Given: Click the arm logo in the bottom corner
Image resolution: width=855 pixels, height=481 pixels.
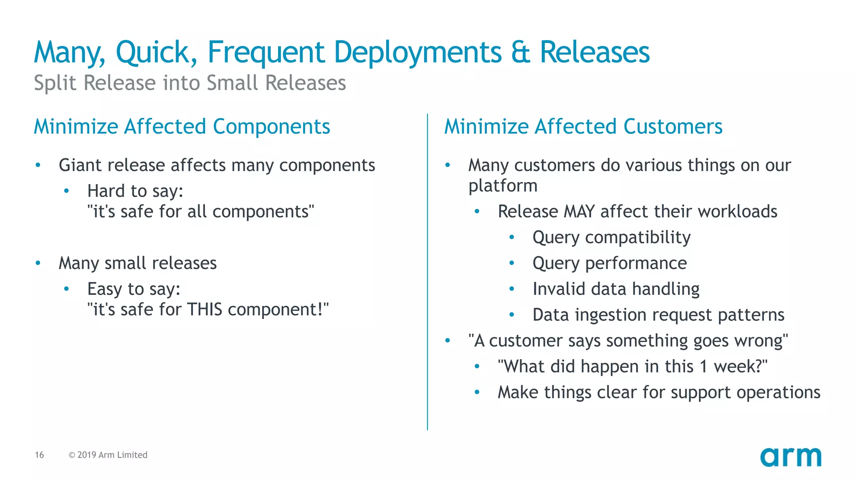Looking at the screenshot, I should point(790,457).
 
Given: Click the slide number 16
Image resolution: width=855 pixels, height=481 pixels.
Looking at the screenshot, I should point(39,455).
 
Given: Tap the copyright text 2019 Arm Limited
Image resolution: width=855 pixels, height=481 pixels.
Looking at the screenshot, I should point(108,455).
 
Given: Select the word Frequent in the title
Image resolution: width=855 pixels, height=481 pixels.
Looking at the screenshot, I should point(266,53).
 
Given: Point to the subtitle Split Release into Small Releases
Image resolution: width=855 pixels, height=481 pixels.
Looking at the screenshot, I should point(190,83).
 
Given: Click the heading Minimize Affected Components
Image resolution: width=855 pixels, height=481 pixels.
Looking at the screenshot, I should point(182,127).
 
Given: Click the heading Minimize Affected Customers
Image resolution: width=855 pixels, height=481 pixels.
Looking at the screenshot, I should point(583,127).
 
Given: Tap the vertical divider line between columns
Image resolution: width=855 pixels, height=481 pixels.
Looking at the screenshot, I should point(427,271).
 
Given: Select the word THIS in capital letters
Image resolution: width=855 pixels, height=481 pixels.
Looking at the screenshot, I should point(205,310).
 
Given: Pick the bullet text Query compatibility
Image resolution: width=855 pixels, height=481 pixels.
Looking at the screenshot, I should point(611,238).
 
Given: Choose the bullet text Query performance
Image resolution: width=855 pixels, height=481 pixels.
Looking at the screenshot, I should point(609,263).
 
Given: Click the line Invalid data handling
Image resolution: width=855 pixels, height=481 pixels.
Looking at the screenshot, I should point(616,289).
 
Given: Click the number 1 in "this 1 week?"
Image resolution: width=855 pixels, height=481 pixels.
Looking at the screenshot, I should point(703,367).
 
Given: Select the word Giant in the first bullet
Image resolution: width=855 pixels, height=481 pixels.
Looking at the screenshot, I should point(80,165).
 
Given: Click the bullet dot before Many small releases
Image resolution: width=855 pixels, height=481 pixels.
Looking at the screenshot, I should point(38,263).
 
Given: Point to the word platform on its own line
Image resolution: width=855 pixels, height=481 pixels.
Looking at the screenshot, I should point(503,186).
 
